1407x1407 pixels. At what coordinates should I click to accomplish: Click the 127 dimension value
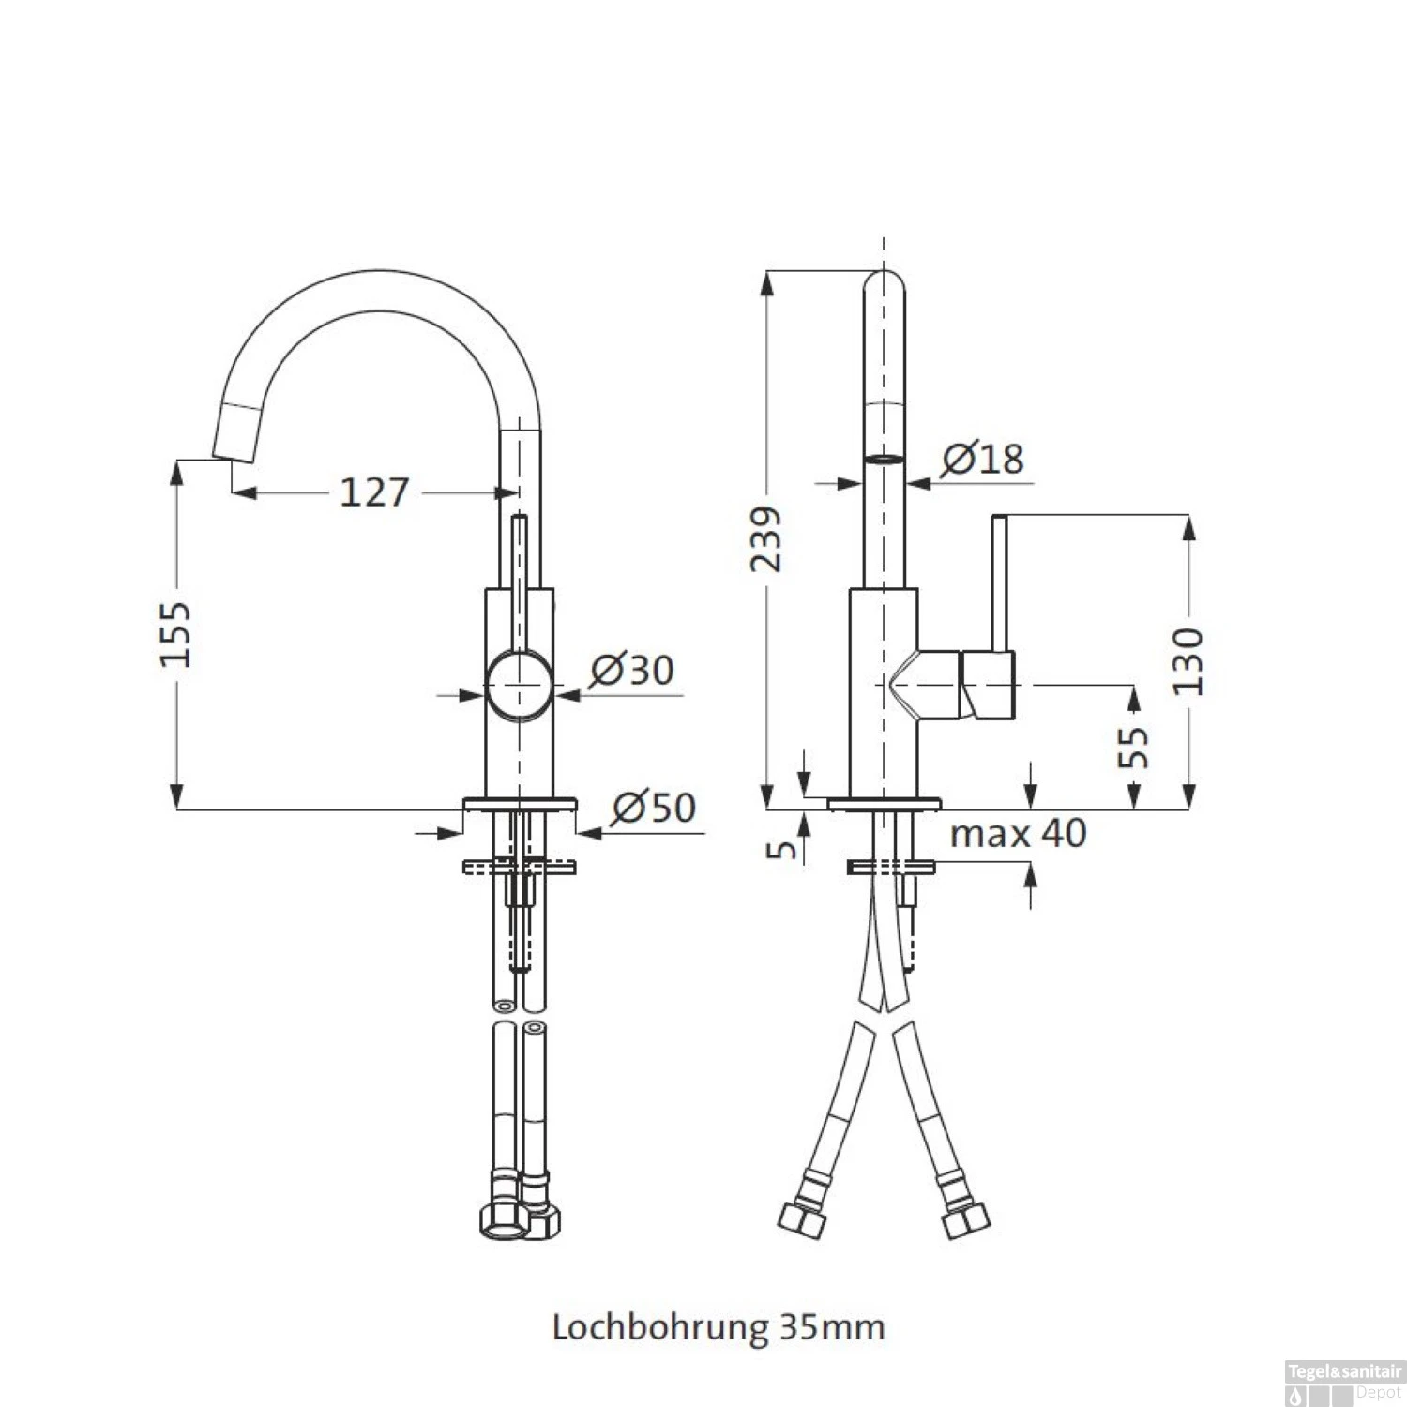click(x=373, y=492)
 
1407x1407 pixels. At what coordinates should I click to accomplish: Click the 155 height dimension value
click(x=174, y=635)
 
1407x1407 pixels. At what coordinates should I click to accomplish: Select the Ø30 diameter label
click(x=631, y=670)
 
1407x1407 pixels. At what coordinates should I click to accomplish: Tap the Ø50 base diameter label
click(x=654, y=807)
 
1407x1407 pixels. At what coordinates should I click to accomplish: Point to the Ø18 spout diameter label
click(x=982, y=458)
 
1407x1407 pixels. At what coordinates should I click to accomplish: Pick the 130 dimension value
click(x=1188, y=661)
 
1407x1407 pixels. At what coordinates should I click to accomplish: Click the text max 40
click(x=1018, y=833)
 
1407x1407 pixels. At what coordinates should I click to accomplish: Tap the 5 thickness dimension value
click(x=781, y=849)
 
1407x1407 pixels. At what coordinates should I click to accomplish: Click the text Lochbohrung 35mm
click(x=718, y=1327)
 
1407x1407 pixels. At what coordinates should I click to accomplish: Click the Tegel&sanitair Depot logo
click(x=1344, y=1382)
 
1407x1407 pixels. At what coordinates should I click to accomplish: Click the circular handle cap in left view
click(x=519, y=686)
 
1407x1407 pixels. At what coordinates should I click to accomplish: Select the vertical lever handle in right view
click(x=1000, y=582)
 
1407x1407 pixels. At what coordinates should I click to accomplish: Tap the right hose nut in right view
click(x=966, y=1220)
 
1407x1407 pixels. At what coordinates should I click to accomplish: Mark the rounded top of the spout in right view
click(x=884, y=281)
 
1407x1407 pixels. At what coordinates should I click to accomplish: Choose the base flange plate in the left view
click(x=520, y=804)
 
